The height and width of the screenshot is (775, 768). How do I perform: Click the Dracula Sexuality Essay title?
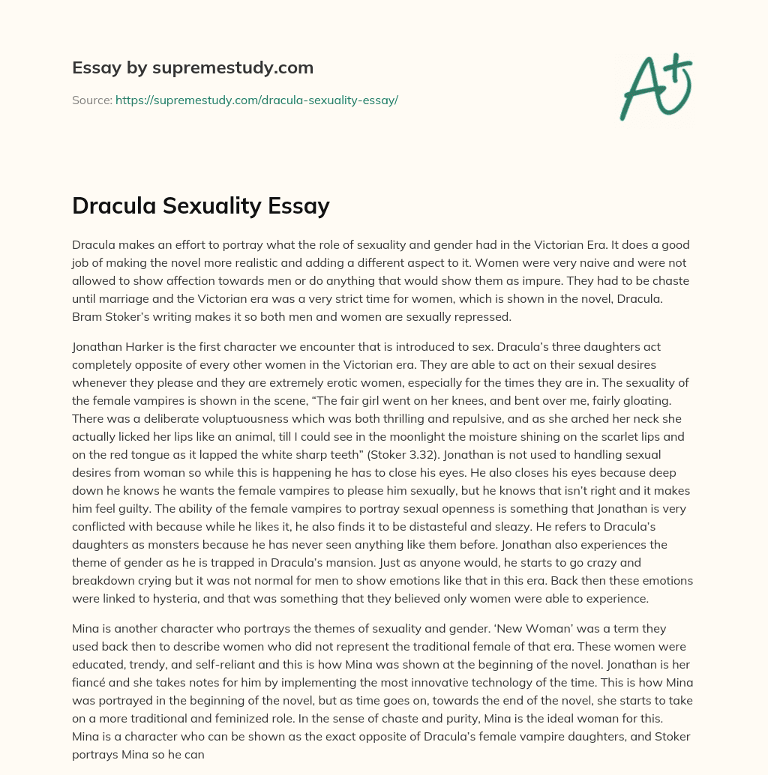[x=201, y=205]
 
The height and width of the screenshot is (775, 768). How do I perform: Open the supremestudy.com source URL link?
[x=256, y=100]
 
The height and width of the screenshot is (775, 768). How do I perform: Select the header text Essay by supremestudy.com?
[x=193, y=68]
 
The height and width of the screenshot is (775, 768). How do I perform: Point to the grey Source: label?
[x=91, y=100]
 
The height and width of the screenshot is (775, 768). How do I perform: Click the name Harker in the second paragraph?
[x=147, y=347]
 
